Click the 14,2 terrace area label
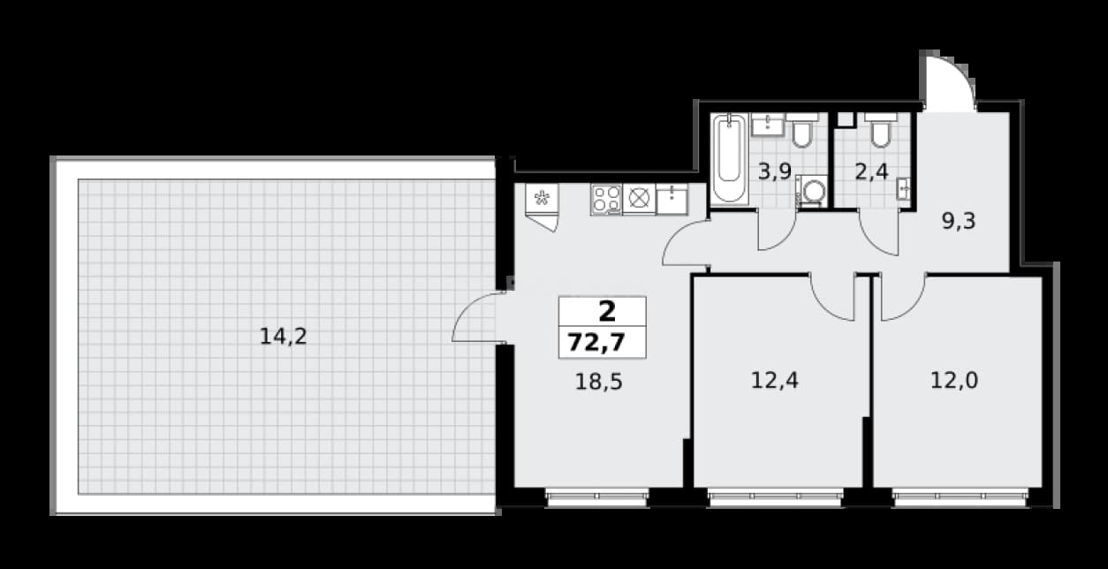[284, 337]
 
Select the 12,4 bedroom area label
[775, 381]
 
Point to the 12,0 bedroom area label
[954, 381]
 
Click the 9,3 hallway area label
[959, 221]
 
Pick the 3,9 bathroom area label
[776, 172]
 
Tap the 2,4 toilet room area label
[872, 172]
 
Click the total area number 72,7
[596, 342]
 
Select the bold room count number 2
[607, 312]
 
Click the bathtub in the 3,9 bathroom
[729, 159]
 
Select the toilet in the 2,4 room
[881, 131]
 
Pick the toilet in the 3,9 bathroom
[801, 131]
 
